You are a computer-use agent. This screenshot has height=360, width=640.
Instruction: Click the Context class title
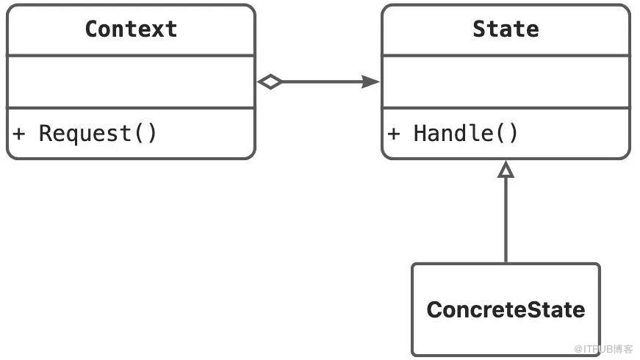click(131, 29)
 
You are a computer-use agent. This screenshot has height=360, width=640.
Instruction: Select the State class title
click(506, 29)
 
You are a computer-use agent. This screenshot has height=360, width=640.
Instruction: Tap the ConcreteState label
click(506, 309)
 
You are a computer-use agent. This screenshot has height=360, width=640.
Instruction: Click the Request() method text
click(98, 134)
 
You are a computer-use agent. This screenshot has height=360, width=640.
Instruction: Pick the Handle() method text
click(466, 134)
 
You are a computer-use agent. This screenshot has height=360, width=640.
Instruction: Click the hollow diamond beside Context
click(270, 82)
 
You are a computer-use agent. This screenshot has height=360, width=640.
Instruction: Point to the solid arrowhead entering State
click(370, 82)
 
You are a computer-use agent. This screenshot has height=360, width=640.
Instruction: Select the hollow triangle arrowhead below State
click(506, 169)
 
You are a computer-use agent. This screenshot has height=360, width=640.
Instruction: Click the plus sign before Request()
click(19, 134)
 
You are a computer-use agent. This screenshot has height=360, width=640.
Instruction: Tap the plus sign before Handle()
click(393, 134)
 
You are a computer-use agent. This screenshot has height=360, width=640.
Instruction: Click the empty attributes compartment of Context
click(131, 82)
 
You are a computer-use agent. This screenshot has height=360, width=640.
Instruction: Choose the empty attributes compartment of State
click(506, 82)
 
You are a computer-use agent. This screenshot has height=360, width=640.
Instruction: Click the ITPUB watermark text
click(603, 349)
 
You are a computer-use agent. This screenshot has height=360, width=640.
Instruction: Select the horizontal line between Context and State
click(322, 82)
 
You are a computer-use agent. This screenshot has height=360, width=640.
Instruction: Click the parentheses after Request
click(145, 134)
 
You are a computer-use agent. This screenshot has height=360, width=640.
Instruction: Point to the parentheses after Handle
click(507, 134)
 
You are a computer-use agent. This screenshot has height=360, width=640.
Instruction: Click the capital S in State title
click(479, 29)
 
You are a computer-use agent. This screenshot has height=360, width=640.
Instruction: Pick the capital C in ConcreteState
click(434, 309)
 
